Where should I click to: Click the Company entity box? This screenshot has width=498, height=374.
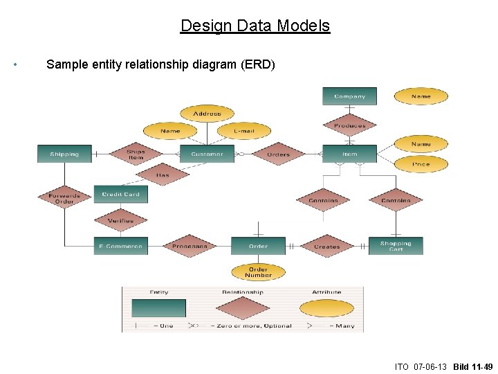tap(349, 96)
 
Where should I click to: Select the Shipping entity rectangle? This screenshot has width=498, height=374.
tap(64, 154)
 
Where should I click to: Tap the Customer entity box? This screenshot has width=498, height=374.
tap(207, 154)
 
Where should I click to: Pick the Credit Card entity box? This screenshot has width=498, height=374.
tap(121, 195)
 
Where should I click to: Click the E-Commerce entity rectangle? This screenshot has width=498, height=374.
tap(121, 246)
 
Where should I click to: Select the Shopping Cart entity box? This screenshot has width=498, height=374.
tap(396, 246)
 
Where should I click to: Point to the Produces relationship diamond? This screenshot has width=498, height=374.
tap(349, 125)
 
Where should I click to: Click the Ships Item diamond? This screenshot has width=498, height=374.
tap(136, 154)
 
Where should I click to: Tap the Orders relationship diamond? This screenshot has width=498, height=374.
tap(279, 154)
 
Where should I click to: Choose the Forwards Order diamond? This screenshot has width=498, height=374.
tap(64, 198)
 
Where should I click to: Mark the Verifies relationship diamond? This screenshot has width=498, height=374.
tap(121, 221)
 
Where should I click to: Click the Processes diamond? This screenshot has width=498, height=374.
tap(190, 246)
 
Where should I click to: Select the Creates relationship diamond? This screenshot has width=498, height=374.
tap(327, 246)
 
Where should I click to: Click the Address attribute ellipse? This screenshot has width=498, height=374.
tap(207, 114)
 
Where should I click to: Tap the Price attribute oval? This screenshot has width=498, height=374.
tap(421, 164)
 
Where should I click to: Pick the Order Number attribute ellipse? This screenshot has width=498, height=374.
tap(258, 272)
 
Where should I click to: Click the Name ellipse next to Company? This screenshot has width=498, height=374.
tap(421, 96)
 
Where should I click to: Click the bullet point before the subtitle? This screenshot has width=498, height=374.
tap(15, 65)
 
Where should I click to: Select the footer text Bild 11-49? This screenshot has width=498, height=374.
tap(473, 366)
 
